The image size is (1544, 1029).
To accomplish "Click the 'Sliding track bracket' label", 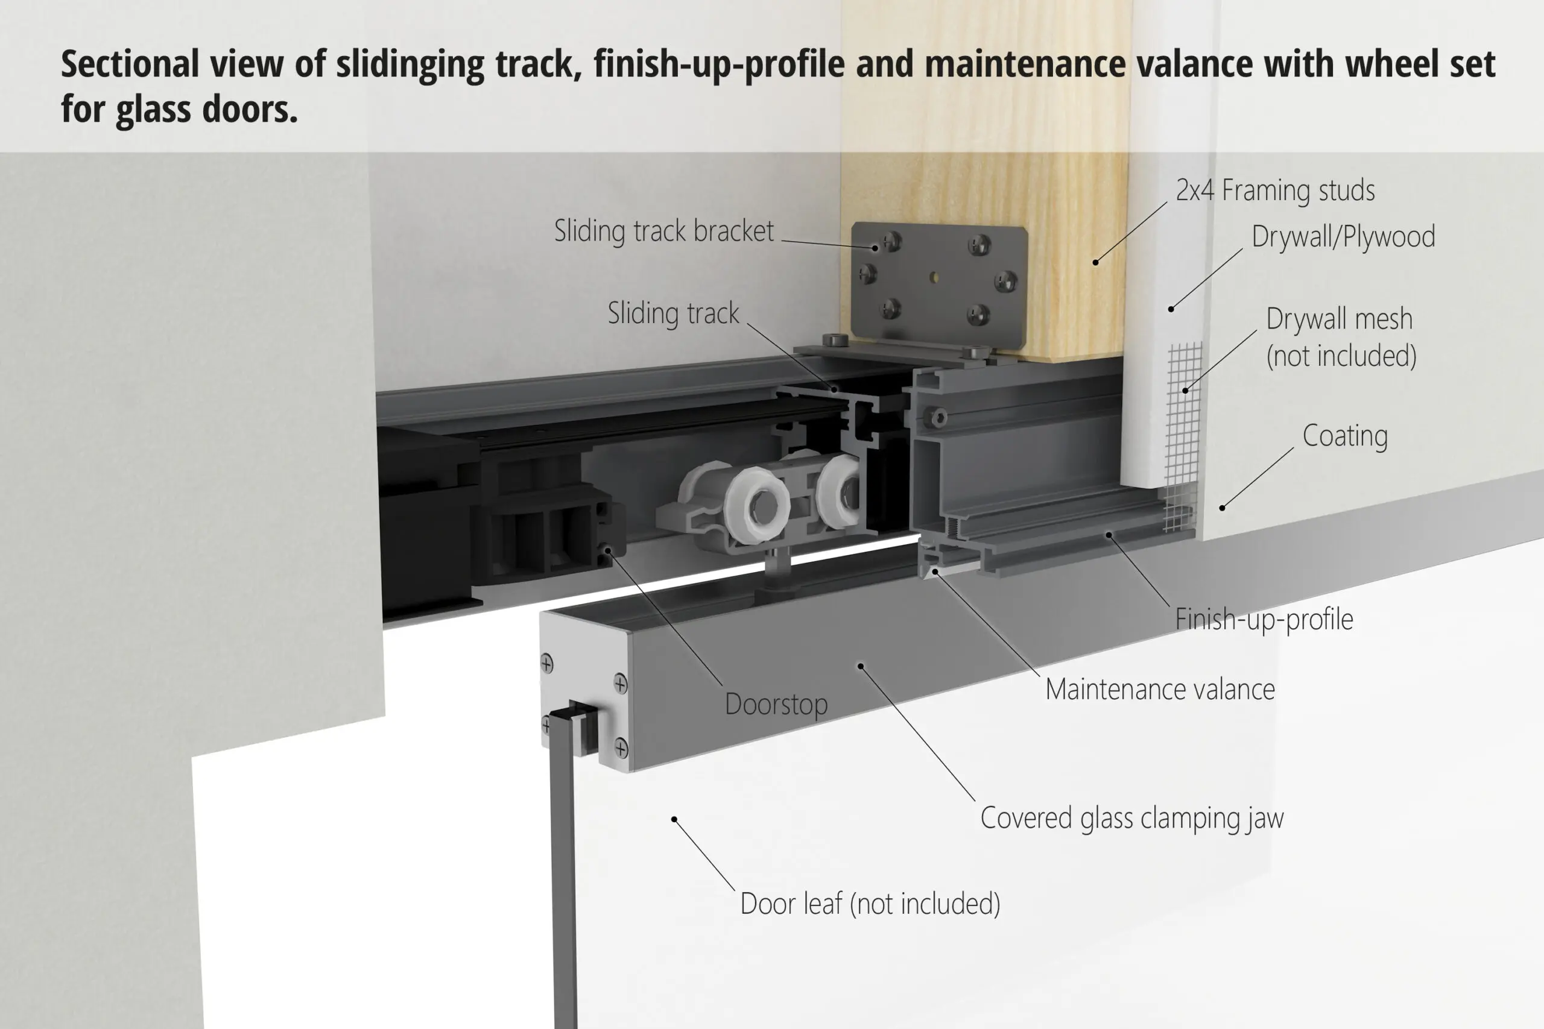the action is (x=663, y=231).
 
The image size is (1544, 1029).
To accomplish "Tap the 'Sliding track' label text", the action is (x=673, y=313).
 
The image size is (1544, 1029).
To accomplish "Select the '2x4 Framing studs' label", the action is (x=1275, y=190).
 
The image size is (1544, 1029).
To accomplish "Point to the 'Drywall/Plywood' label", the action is (x=1343, y=237).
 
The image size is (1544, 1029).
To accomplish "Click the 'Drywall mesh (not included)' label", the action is (x=1341, y=338).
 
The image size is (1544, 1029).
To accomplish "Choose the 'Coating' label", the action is (x=1345, y=436).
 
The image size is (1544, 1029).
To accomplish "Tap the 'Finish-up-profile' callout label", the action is (x=1264, y=620).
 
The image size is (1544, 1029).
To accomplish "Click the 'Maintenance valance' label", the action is (x=1160, y=690).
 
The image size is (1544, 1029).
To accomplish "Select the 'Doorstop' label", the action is (x=776, y=704).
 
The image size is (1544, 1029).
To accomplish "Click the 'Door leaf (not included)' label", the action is (x=870, y=904).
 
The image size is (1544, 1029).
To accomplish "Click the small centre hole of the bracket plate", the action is (x=934, y=277).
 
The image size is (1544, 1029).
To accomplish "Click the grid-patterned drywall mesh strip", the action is (x=1183, y=436).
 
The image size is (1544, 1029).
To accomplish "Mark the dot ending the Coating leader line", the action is (x=1223, y=508).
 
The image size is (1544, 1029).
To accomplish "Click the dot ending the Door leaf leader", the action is (x=674, y=820).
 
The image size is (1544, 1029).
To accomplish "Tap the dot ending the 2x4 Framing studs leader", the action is (x=1096, y=262).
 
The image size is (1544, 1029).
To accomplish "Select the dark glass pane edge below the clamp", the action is (x=564, y=873).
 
